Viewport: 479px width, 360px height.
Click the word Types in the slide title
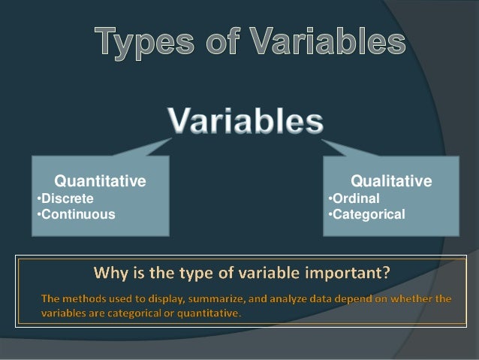point(140,44)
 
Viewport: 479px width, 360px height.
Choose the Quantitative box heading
point(100,181)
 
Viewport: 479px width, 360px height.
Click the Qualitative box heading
point(391,181)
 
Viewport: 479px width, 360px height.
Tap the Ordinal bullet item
point(354,199)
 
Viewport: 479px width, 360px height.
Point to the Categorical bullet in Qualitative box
point(366,214)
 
